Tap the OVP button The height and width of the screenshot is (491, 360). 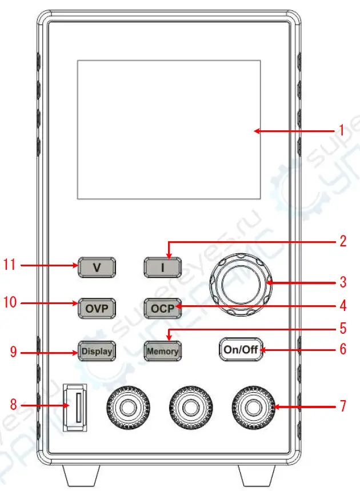[97, 309]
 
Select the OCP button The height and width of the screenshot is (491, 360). [162, 309]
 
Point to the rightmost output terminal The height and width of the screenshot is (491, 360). [251, 409]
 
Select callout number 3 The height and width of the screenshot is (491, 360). [342, 282]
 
